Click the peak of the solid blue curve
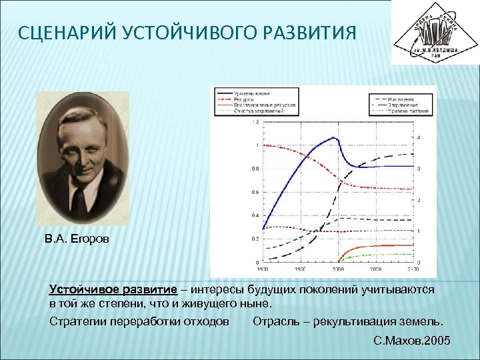[x=333, y=138]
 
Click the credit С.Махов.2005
[x=413, y=341]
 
